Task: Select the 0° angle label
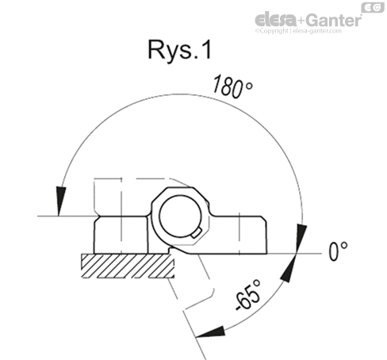pyautogui.click(x=339, y=251)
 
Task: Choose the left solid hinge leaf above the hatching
pyautogui.click(x=119, y=234)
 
